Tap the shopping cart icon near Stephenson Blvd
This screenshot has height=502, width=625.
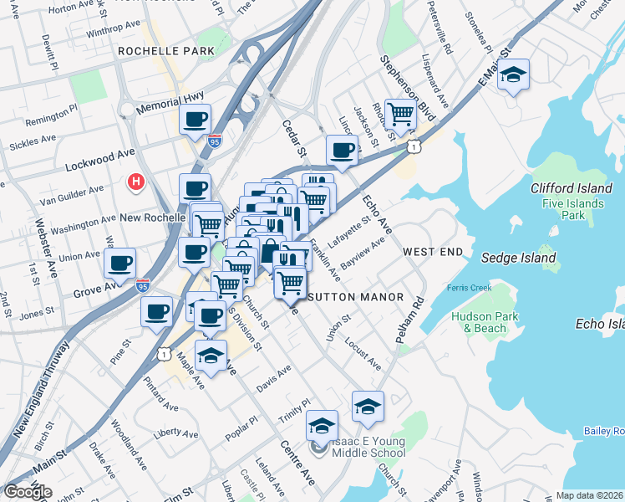coord(401,113)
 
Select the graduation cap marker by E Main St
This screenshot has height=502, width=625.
coord(513,75)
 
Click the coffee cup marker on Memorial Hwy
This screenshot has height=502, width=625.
coord(196,120)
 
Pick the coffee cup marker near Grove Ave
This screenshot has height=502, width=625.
coord(119,264)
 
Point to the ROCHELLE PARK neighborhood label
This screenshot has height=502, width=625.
coord(167,51)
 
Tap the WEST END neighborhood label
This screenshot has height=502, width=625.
coord(432,252)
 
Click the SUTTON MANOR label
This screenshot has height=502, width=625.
coord(357,297)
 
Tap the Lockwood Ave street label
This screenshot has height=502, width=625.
coord(100,157)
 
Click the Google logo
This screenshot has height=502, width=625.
coord(28,492)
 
